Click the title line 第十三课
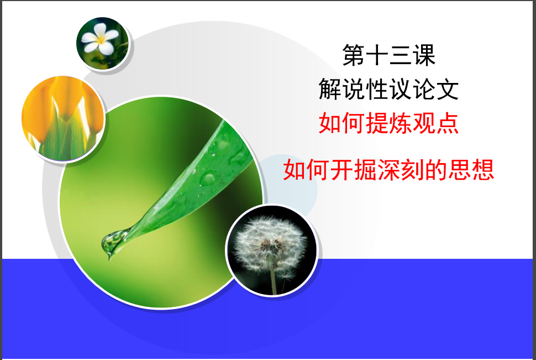pyautogui.click(x=388, y=55)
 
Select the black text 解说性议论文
pyautogui.click(x=388, y=89)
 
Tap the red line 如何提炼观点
pyautogui.click(x=388, y=123)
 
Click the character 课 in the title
pyautogui.click(x=424, y=55)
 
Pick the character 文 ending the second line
pyautogui.click(x=447, y=89)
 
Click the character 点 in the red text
pyautogui.click(x=447, y=123)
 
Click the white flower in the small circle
pyautogui.click(x=100, y=39)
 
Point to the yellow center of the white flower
pyautogui.click(x=101, y=40)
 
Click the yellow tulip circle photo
pyautogui.click(x=63, y=118)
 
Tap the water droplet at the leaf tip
pyautogui.click(x=112, y=242)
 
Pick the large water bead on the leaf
pyautogui.click(x=208, y=178)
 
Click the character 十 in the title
pyautogui.click(x=377, y=55)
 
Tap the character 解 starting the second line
pyautogui.click(x=330, y=89)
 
